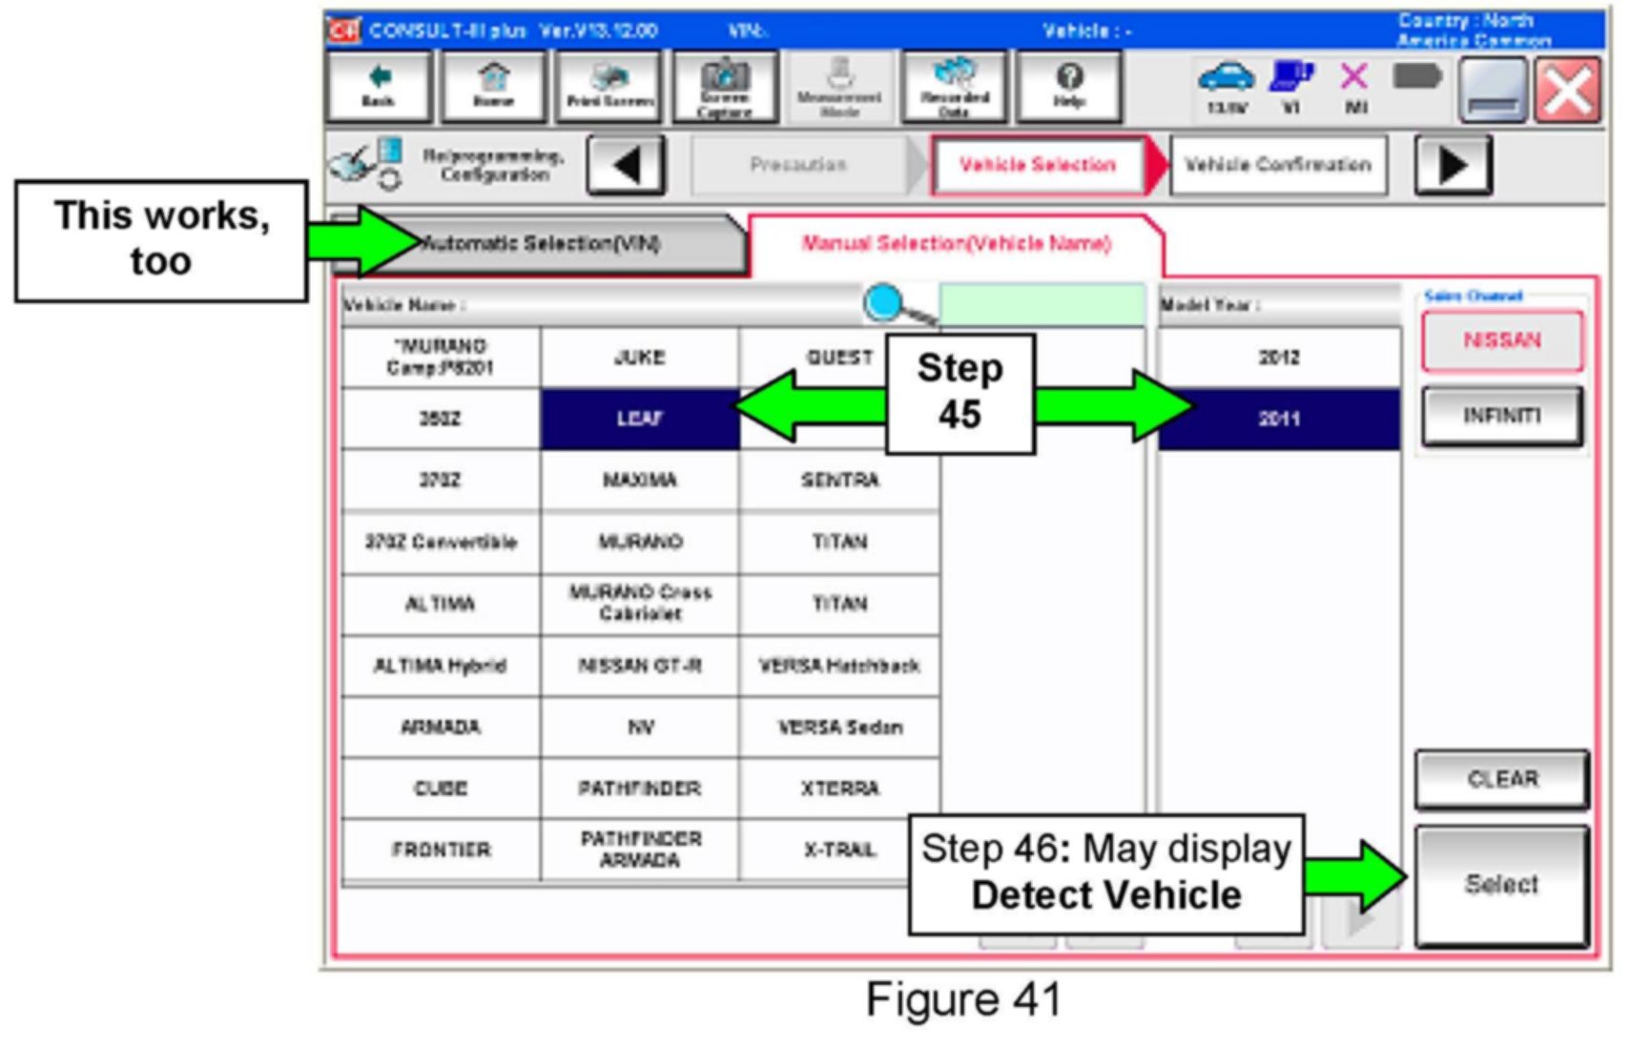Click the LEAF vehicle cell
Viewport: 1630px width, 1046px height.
(x=639, y=419)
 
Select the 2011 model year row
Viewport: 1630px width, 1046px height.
(x=1278, y=419)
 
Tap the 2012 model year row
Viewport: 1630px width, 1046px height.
(x=1278, y=358)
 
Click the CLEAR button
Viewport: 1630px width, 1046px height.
(x=1501, y=779)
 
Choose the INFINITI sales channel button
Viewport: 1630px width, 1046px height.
(x=1501, y=416)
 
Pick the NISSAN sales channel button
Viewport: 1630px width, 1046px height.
(x=1501, y=340)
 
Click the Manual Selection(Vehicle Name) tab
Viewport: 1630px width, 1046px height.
(x=956, y=244)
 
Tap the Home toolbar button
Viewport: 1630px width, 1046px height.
(x=493, y=87)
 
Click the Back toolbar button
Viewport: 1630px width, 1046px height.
(x=379, y=87)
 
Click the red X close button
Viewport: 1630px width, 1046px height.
(x=1567, y=91)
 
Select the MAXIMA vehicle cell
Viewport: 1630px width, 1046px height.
(x=639, y=480)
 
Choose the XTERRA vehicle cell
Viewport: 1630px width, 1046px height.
(x=839, y=789)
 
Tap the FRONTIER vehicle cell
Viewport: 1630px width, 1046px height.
(x=441, y=850)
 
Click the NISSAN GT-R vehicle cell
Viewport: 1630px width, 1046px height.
(x=639, y=666)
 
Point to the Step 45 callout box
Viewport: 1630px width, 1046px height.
(x=959, y=393)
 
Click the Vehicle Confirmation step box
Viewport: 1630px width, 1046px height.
(x=1277, y=165)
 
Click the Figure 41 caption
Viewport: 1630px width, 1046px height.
(x=963, y=1000)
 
